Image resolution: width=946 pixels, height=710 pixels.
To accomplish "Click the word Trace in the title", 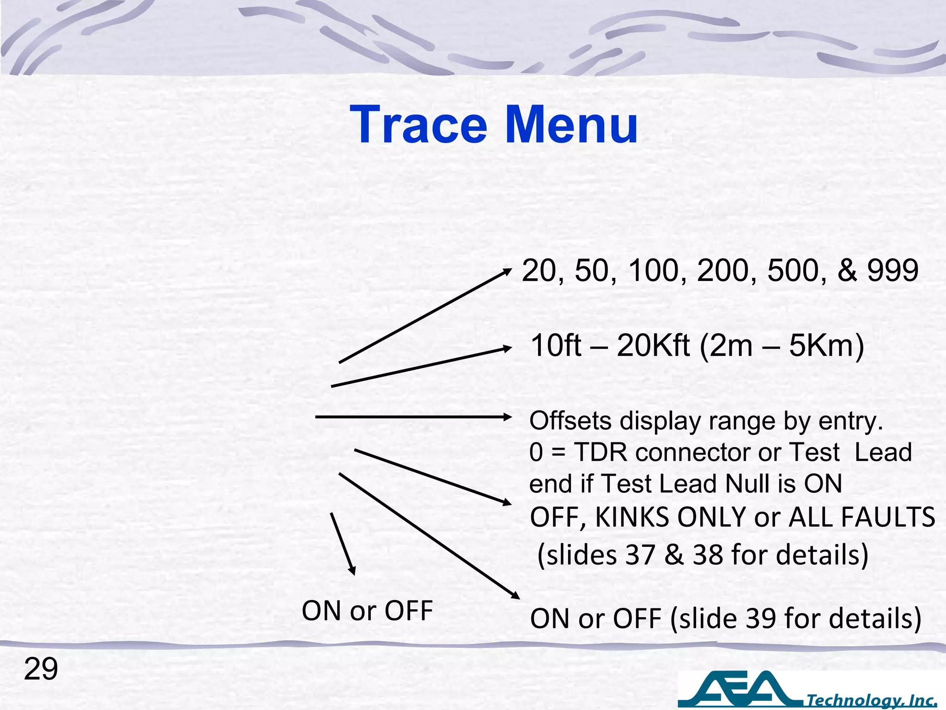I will (418, 125).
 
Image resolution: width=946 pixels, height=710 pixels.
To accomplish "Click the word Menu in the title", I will (571, 125).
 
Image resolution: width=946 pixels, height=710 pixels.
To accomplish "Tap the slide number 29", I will (41, 669).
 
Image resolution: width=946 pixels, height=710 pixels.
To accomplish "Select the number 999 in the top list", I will (892, 270).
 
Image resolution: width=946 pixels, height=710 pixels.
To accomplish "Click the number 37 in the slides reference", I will (640, 555).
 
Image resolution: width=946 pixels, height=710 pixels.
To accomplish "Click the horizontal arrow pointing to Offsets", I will (413, 417).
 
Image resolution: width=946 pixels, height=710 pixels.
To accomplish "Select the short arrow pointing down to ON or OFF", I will (343, 544).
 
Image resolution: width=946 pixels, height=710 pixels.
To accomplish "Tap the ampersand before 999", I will (847, 270).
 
